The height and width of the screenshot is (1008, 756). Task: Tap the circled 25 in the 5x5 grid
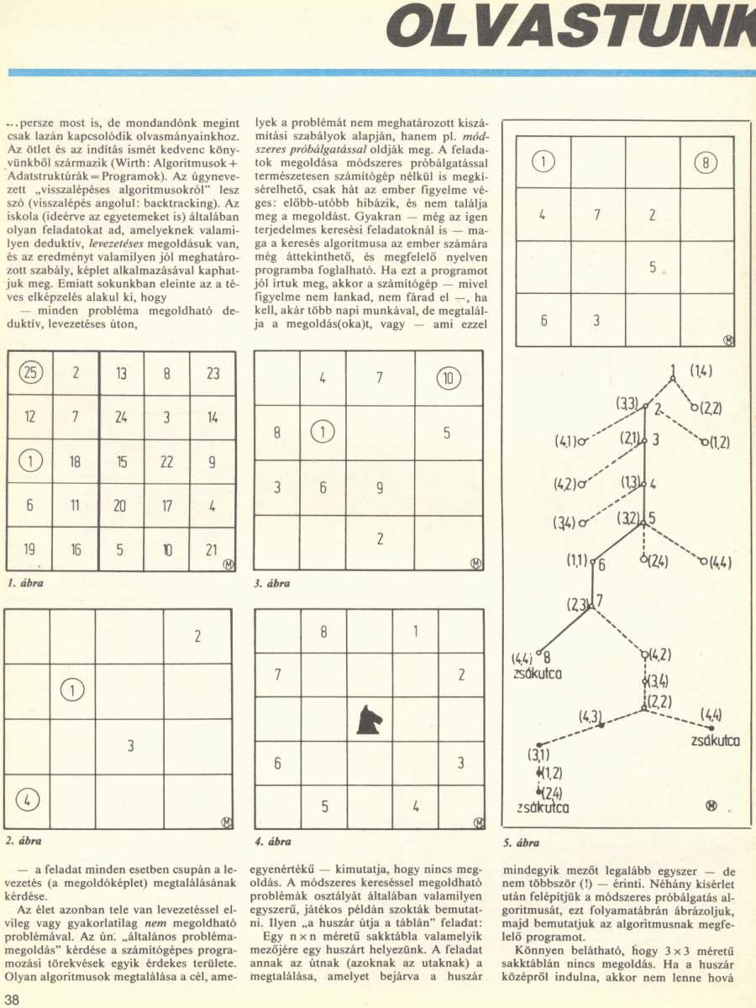(x=29, y=373)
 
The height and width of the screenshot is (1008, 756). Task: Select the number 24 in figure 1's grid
(x=121, y=417)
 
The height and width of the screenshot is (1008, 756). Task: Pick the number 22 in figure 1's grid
(x=166, y=461)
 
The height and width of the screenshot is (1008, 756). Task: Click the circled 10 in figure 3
(x=449, y=378)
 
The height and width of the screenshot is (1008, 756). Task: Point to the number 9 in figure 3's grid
(x=380, y=487)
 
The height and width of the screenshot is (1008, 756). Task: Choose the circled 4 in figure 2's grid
(x=27, y=801)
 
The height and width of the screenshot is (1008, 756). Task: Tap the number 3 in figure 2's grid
(x=130, y=745)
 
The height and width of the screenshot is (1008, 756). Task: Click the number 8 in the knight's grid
(x=323, y=632)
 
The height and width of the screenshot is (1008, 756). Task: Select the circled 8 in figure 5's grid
(x=706, y=163)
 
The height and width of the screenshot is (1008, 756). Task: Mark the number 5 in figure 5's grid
(x=652, y=268)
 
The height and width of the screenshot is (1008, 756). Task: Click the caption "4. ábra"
(x=272, y=841)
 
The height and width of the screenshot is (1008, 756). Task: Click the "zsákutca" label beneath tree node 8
(x=538, y=673)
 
